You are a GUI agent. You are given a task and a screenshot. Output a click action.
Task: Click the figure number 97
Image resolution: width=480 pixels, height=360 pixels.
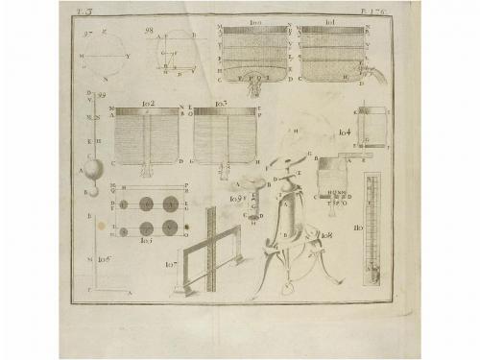tap(89, 35)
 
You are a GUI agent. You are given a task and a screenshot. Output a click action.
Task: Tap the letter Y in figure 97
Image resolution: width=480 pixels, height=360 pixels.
tap(128, 56)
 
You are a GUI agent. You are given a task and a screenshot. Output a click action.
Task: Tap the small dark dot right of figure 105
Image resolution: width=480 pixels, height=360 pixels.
tap(187, 227)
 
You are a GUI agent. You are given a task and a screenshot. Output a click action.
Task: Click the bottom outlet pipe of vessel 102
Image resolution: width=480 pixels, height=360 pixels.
tap(147, 171)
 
